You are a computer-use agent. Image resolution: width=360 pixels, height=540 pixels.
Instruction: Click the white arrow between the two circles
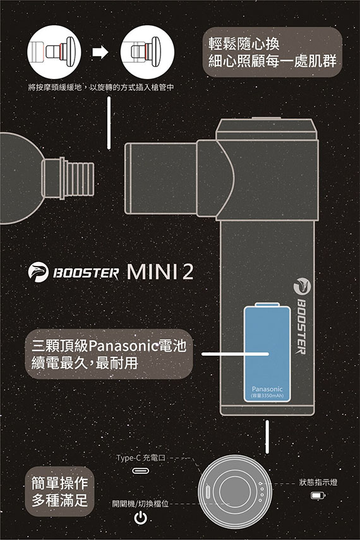click(100, 52)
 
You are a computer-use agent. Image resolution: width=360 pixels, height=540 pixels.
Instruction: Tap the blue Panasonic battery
click(267, 352)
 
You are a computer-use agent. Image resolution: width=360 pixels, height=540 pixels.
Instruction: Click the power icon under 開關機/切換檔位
click(141, 518)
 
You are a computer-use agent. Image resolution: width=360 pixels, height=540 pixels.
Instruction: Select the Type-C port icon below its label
click(141, 471)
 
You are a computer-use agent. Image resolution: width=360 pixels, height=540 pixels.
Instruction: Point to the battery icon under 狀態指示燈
click(318, 496)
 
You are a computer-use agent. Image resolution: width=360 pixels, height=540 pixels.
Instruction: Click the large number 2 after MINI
click(188, 272)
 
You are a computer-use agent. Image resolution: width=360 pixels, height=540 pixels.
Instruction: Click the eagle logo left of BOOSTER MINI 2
click(39, 272)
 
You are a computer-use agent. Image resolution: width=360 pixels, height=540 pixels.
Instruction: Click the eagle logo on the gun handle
click(302, 287)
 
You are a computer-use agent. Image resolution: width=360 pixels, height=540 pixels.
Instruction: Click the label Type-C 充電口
click(141, 458)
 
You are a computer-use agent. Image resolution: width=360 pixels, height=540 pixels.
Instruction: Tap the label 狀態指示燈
click(318, 482)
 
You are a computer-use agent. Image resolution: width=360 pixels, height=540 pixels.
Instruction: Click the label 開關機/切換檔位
click(141, 504)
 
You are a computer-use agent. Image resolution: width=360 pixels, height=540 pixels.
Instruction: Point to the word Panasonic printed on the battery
click(267, 389)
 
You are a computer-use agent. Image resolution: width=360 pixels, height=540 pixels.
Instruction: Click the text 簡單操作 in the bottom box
click(59, 483)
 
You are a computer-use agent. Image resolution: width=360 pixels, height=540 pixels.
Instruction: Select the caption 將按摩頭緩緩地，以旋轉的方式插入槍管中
click(100, 88)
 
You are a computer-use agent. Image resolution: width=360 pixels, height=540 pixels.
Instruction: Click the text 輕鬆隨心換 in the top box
click(244, 44)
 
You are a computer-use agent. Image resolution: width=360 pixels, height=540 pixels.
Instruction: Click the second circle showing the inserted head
click(147, 52)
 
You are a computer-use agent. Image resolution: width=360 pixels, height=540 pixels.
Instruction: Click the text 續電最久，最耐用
click(85, 363)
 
